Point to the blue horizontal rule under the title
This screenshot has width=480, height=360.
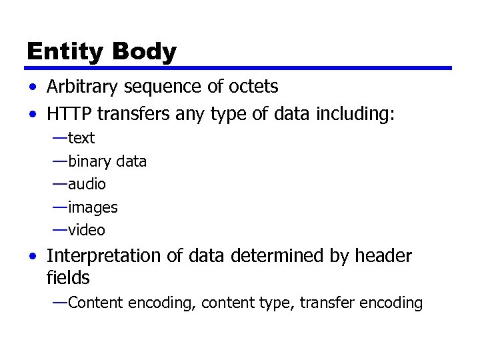pos(239,68)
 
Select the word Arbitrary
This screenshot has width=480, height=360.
pos(77,87)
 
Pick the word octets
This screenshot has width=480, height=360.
pos(255,87)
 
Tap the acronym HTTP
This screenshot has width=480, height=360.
pos(66,114)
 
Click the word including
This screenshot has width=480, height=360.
pos(360,114)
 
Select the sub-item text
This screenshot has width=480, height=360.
pos(81,139)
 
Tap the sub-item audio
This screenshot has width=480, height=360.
pos(87,184)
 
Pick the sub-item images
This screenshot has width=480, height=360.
pos(93,208)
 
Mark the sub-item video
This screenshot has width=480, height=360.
pos(87,231)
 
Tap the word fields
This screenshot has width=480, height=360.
pos(68,277)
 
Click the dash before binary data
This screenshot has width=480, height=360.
pos(60,161)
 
